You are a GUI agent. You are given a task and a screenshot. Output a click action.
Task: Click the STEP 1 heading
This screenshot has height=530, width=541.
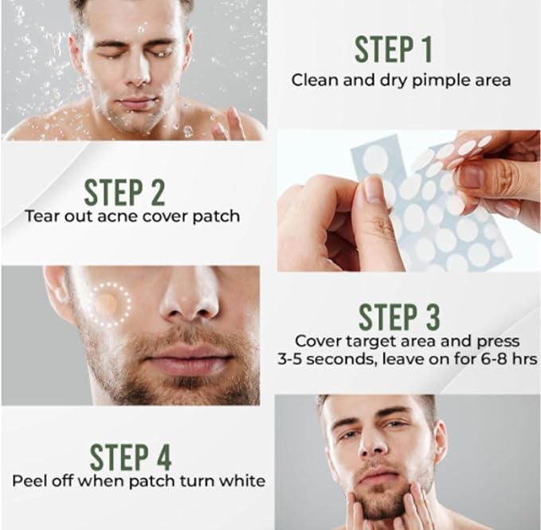point(393,49)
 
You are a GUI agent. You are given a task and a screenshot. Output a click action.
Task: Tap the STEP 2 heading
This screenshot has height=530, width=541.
point(124,193)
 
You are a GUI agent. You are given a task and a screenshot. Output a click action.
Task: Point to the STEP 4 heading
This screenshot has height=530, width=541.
point(130,457)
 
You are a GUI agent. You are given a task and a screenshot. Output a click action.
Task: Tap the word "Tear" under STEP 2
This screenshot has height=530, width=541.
point(40,216)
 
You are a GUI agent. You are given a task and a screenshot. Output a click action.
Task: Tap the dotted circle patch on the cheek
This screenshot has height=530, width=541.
point(107,303)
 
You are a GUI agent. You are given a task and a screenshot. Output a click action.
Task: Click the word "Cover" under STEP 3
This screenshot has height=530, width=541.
point(315,340)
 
